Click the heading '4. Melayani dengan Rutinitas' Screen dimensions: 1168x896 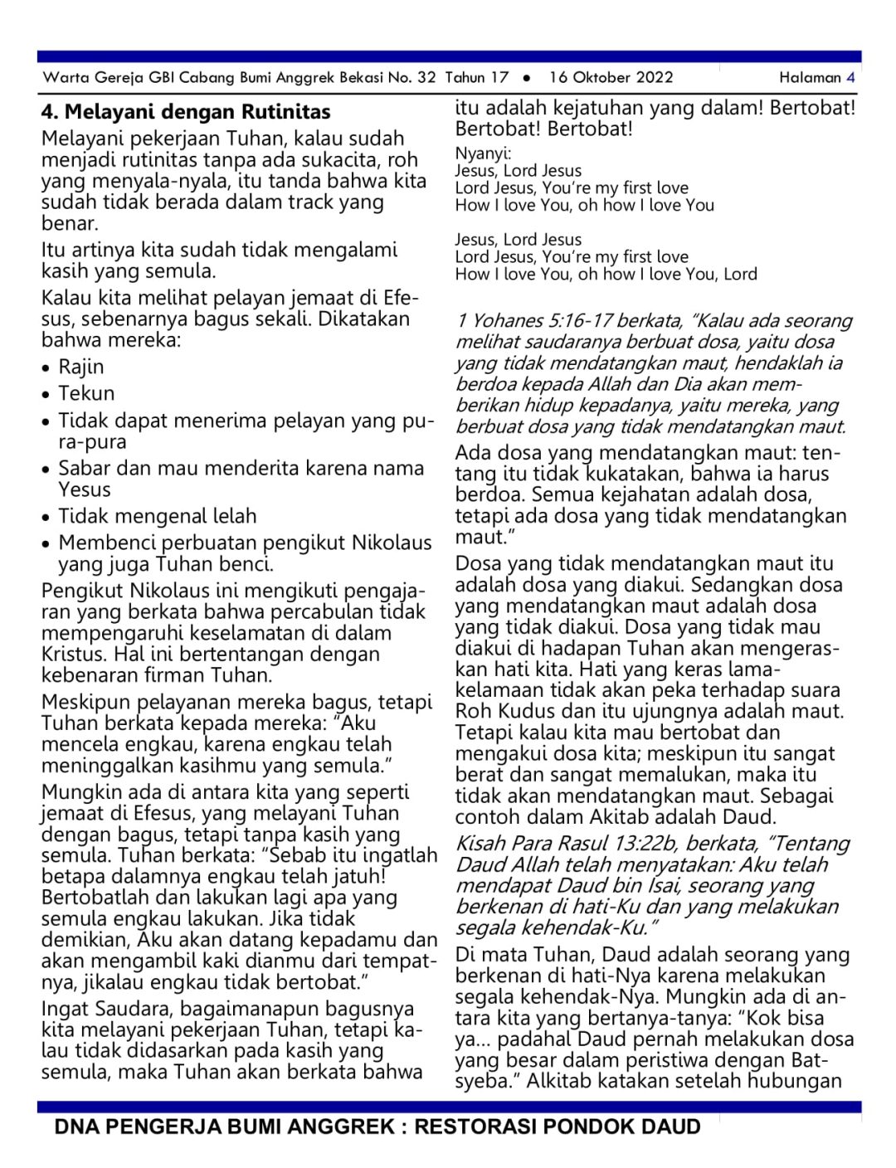click(x=186, y=112)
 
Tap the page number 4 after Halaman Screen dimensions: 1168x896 click(x=850, y=77)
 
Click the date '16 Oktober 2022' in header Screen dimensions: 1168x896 click(x=611, y=77)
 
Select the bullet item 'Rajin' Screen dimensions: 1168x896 click(x=81, y=367)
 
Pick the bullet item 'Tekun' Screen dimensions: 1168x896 click(x=86, y=393)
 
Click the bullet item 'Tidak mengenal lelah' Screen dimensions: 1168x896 click(x=158, y=516)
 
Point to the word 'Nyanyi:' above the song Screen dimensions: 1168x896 click(x=484, y=153)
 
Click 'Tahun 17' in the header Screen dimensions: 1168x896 click(x=477, y=77)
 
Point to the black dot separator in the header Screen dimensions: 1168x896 click(x=527, y=78)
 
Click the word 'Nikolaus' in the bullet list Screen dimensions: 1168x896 click(x=392, y=543)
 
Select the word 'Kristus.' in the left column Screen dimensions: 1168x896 click(x=75, y=654)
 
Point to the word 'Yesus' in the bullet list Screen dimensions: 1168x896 click(x=85, y=489)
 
